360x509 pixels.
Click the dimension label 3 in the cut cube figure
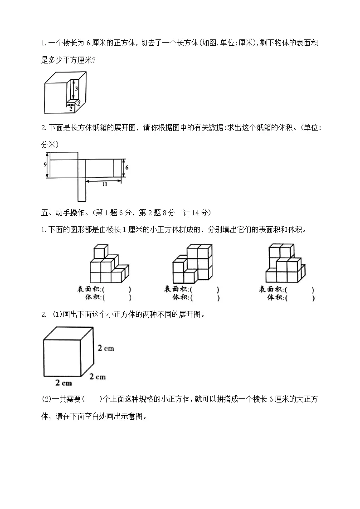click(77, 89)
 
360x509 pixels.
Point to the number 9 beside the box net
click(45, 164)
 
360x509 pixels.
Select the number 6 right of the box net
click(126, 168)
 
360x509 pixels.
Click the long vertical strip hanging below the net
click(82, 189)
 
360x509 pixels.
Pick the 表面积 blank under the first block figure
click(117, 289)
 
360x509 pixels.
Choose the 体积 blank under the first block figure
click(117, 297)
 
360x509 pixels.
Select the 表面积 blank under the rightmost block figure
click(299, 289)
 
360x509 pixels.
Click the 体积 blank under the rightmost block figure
click(299, 297)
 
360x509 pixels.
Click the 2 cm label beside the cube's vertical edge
click(106, 348)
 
